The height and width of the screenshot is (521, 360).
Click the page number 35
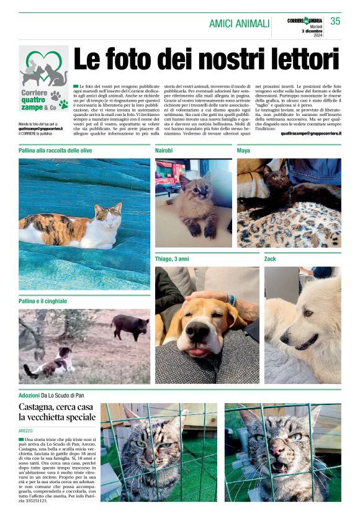(335, 21)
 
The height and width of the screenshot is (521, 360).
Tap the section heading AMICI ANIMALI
(239, 24)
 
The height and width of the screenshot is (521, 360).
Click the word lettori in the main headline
(300, 60)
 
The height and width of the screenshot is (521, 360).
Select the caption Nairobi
(164, 151)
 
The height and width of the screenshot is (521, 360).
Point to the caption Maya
(245, 151)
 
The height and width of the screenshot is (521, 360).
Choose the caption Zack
(270, 258)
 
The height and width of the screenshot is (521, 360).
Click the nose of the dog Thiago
(198, 332)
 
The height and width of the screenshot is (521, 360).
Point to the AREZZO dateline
(27, 430)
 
